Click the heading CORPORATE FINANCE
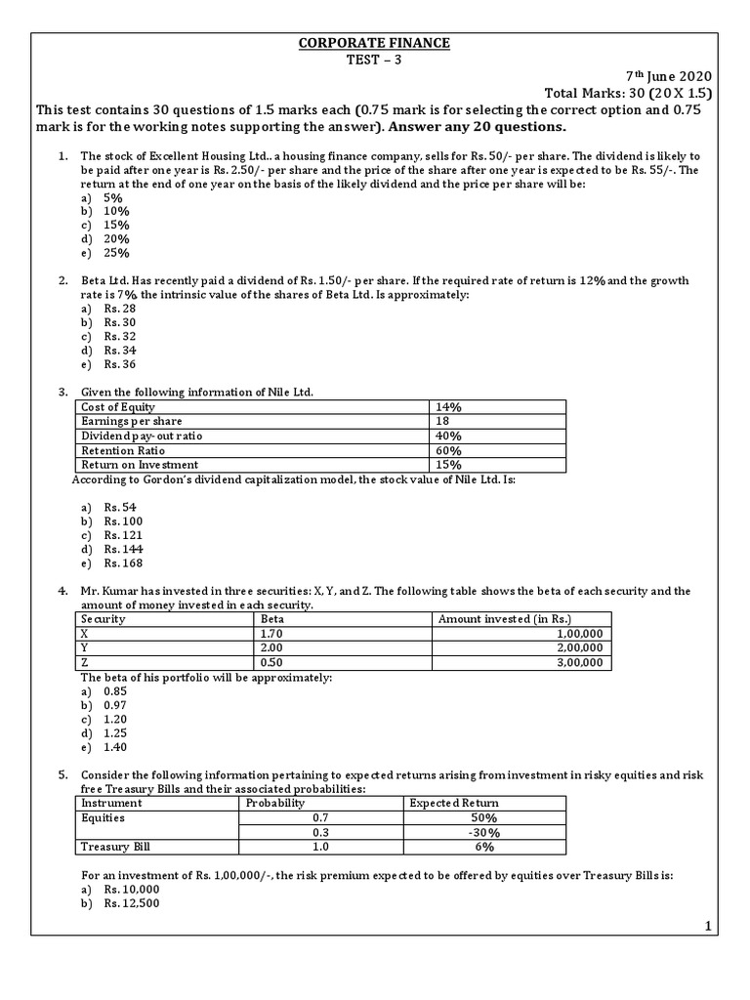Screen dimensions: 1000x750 pos(375,43)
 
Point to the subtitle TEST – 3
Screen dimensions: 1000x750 pos(375,59)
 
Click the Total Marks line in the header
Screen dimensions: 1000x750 pos(630,93)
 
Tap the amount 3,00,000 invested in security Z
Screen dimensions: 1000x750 pos(578,663)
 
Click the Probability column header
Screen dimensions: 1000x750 pos(275,803)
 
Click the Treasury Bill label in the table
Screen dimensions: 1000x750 pos(115,848)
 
